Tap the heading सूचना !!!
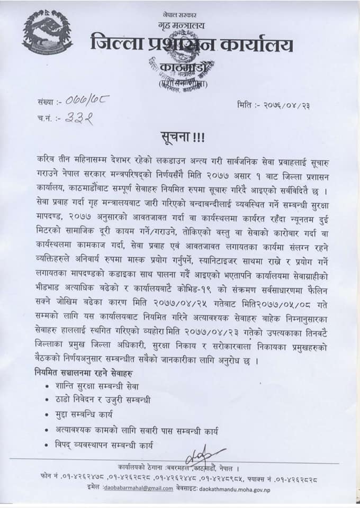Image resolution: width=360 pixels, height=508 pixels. click(x=180, y=137)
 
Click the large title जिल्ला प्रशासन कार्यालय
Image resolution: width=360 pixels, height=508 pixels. click(x=192, y=43)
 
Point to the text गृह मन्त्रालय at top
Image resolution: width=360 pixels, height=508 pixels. click(x=180, y=24)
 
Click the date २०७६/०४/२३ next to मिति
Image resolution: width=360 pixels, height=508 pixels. click(x=286, y=105)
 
